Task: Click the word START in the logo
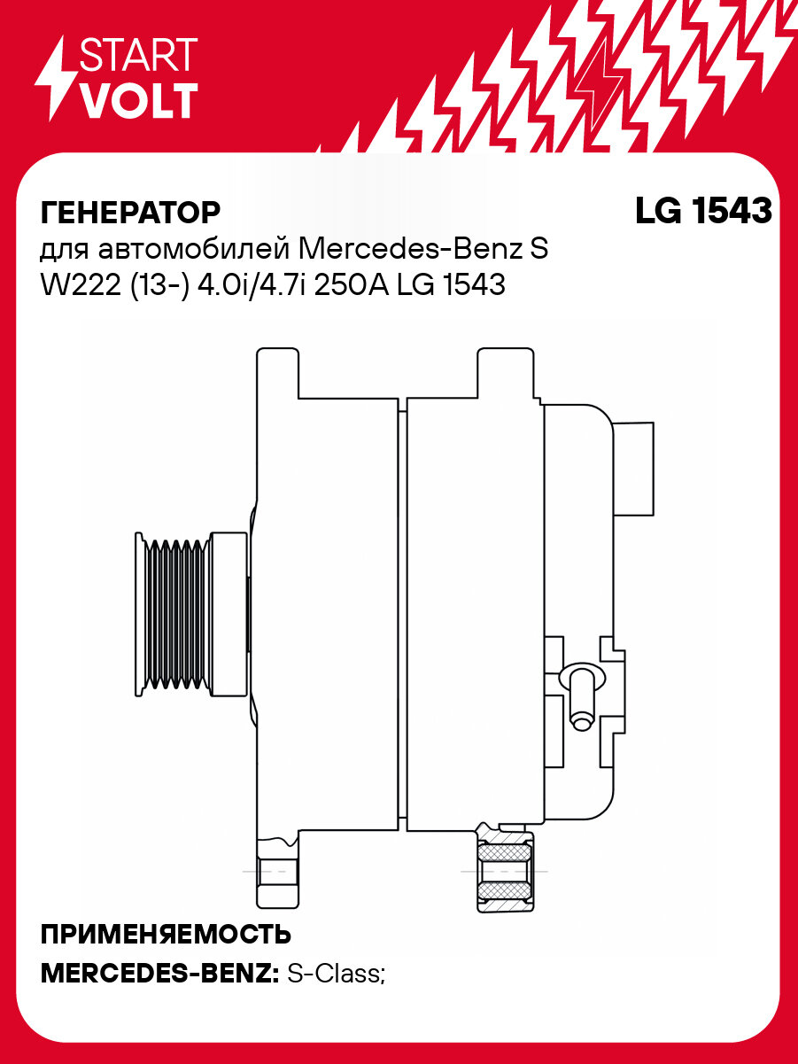[x=138, y=56]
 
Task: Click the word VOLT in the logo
[x=138, y=101]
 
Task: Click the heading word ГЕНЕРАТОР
[x=130, y=213]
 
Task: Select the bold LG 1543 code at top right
[x=703, y=211]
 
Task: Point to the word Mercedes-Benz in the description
[x=413, y=249]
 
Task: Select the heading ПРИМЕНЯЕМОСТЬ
[x=167, y=935]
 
